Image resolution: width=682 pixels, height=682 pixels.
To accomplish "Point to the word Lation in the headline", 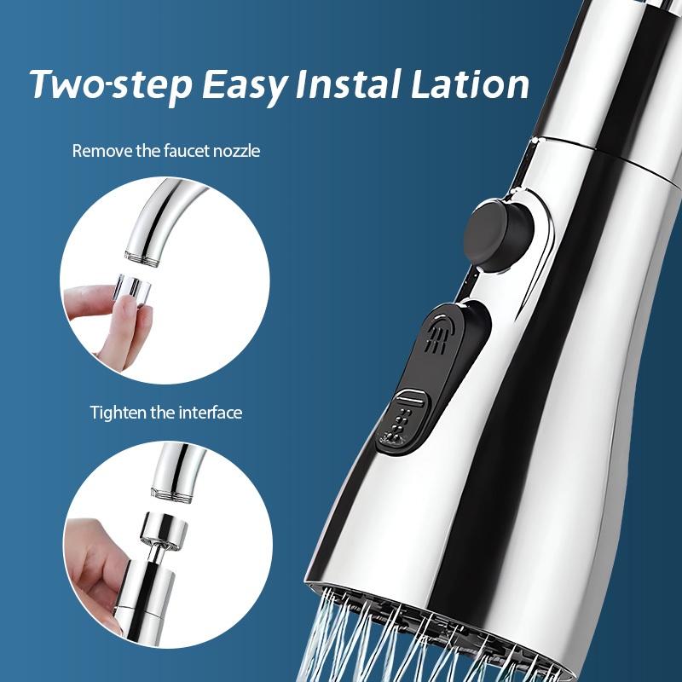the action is [x=470, y=83].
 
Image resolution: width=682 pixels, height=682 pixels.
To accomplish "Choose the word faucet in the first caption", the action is [x=187, y=151].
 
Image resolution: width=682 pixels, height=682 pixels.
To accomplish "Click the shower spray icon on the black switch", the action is [x=439, y=335].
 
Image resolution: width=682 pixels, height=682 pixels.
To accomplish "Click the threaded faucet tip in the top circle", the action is [x=141, y=257].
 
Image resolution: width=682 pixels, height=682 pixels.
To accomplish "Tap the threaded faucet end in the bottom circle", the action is [x=171, y=495].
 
